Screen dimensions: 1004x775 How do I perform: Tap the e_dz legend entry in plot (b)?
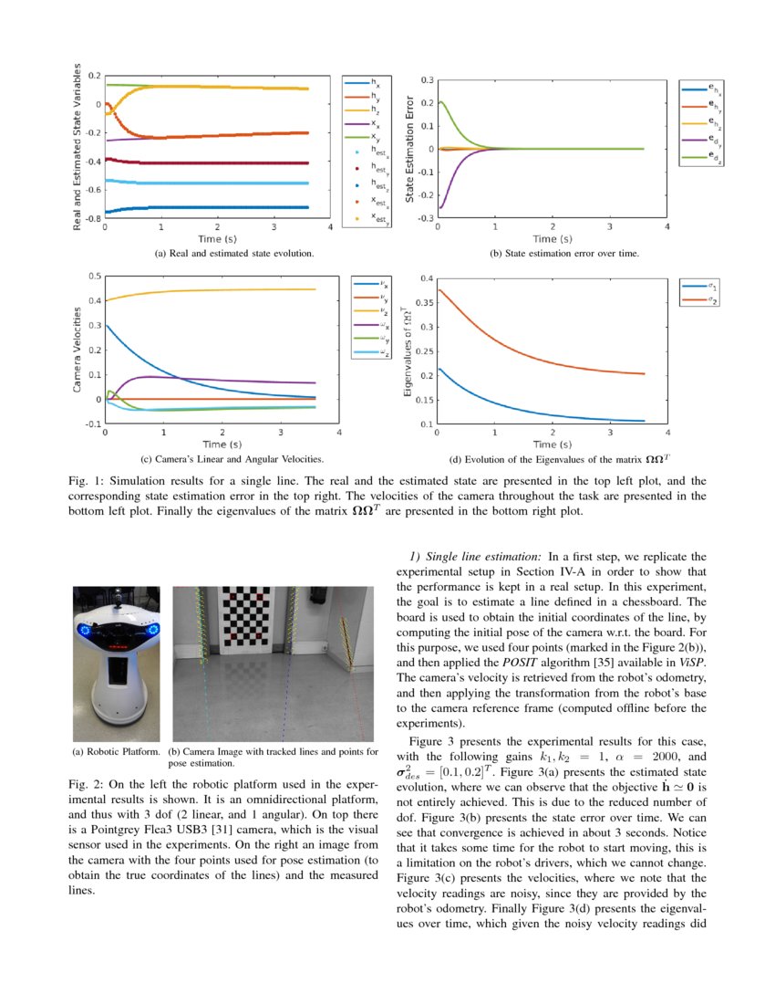[705, 157]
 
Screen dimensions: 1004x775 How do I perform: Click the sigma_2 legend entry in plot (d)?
[703, 300]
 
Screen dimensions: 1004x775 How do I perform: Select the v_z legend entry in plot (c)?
[372, 310]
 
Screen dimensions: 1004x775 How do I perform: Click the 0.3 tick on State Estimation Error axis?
[425, 81]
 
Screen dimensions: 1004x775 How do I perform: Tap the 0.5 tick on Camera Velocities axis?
[93, 275]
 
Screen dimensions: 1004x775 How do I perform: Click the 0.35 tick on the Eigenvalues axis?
[422, 302]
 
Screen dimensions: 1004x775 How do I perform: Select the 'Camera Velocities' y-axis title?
[77, 350]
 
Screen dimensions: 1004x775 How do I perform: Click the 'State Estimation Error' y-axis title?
[410, 149]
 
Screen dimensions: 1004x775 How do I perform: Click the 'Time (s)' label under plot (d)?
[552, 444]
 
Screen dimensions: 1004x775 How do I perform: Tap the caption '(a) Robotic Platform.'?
[116, 751]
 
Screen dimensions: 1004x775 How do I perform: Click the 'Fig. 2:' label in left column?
[87, 784]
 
